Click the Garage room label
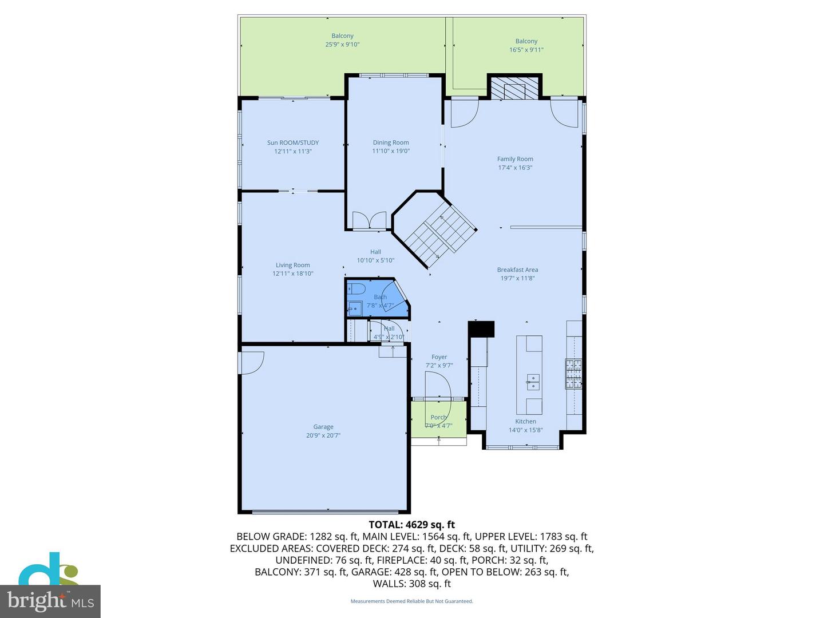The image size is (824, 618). click(323, 427)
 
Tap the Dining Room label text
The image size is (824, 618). click(391, 143)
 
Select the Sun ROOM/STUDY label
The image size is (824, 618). click(293, 143)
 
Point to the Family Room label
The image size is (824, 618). click(515, 159)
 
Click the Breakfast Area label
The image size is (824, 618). click(517, 270)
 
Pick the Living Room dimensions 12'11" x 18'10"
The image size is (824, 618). click(293, 274)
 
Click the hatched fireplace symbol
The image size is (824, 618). click(514, 90)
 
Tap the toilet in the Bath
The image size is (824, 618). click(356, 288)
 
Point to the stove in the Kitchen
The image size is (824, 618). click(573, 374)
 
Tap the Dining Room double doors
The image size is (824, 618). click(370, 221)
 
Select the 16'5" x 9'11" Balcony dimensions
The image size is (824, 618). click(526, 50)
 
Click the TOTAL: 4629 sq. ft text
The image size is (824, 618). click(412, 524)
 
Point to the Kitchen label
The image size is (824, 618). click(525, 422)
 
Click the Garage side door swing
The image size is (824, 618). click(252, 362)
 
